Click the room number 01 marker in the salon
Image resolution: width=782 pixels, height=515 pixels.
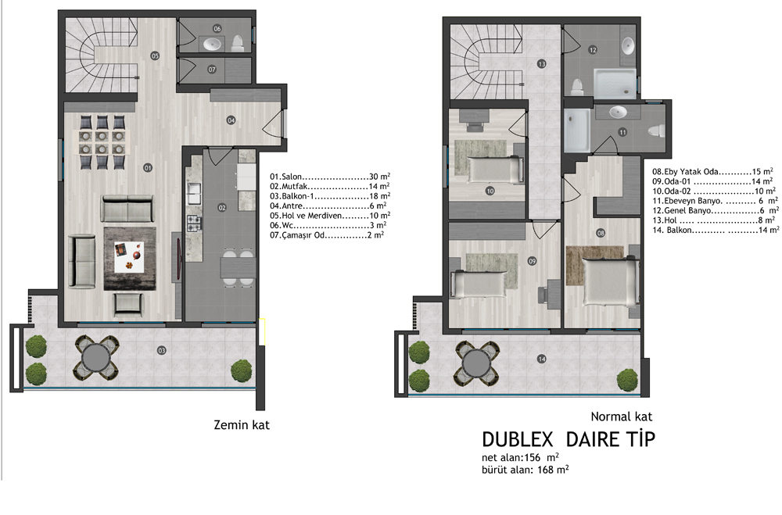coord(148,168)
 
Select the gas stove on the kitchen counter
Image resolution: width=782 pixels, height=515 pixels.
coord(193,223)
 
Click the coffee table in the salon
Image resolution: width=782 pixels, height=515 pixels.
coord(129,257)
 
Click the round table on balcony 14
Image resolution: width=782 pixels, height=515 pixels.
coord(477,363)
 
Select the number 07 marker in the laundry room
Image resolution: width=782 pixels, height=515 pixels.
coord(212,70)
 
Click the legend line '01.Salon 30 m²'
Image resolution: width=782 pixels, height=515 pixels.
coord(330,177)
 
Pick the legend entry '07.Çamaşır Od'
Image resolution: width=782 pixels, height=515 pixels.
coord(327,235)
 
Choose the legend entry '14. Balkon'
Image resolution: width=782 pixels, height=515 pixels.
coord(716,230)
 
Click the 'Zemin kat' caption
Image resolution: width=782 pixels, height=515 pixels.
coord(242,425)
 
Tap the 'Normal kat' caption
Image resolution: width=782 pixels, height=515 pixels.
coord(622,417)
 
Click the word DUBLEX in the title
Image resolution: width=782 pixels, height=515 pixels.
coord(518,439)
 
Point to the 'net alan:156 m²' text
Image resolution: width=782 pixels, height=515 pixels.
coord(520,457)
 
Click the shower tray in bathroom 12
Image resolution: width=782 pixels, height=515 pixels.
coord(615,84)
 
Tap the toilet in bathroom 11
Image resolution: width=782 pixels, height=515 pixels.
coord(656,131)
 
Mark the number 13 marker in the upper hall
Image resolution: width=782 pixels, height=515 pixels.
coord(542,64)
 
